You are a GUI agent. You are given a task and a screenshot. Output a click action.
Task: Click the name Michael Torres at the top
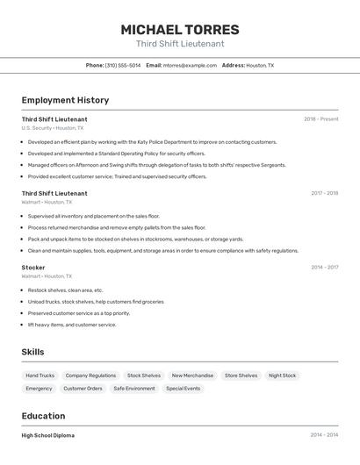180,30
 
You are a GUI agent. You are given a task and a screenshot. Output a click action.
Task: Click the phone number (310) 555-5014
122,65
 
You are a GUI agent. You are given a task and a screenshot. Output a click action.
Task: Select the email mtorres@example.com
188,65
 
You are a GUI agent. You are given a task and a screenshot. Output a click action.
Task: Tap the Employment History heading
65,100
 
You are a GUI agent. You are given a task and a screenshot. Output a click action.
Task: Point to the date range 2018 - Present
320,118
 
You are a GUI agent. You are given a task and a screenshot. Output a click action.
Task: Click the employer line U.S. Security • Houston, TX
53,128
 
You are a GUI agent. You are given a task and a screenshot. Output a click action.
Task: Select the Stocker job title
33,267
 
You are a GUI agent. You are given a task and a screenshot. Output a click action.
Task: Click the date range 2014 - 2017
324,267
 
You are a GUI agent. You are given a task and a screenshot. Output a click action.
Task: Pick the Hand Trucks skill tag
40,376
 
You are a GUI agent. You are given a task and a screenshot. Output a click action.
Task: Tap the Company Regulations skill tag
90,376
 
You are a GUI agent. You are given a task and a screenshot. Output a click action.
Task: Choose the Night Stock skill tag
282,376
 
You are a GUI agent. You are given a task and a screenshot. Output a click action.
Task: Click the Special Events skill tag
183,388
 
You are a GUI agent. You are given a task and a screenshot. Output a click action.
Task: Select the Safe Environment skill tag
134,388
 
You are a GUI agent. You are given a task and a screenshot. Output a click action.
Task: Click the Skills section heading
32,352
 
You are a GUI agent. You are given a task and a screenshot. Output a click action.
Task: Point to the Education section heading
43,416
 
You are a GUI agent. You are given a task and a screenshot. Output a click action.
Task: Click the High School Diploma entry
48,435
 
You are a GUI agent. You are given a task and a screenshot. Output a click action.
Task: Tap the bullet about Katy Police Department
152,141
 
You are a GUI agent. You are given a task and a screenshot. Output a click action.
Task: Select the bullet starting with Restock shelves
65,290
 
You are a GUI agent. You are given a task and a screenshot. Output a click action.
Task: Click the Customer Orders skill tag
83,388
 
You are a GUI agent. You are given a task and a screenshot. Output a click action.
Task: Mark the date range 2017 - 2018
324,193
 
